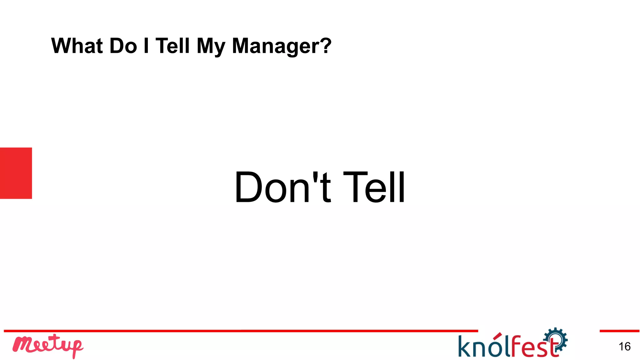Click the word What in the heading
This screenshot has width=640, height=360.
click(77, 46)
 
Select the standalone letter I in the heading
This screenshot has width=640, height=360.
click(146, 46)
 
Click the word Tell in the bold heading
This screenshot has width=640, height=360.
click(172, 46)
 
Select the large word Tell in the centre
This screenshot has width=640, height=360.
click(374, 187)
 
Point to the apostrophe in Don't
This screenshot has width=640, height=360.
click(316, 177)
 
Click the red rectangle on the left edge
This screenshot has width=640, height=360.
click(16, 173)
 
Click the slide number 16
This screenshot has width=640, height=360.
click(624, 346)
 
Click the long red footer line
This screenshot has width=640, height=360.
click(241, 331)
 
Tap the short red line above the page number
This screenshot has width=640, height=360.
click(619, 331)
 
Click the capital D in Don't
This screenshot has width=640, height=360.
click(248, 187)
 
